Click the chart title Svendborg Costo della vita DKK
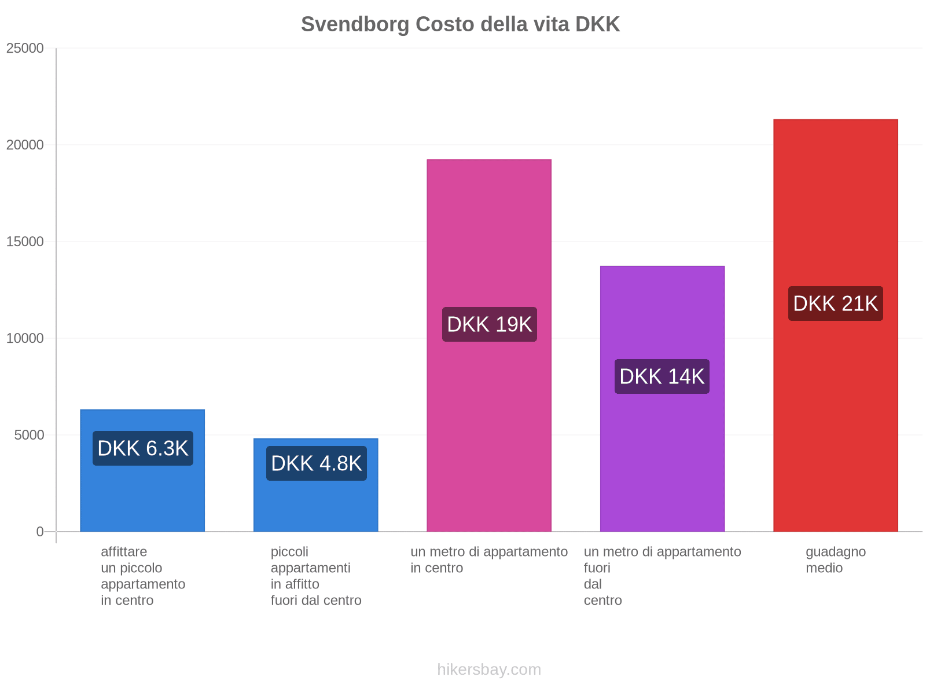tap(460, 24)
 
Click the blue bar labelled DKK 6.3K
tap(142, 498)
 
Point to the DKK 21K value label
tap(835, 303)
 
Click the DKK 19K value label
tap(489, 324)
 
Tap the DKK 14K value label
tap(662, 376)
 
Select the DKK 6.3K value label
tap(142, 448)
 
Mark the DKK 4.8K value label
tap(316, 463)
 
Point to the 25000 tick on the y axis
tap(25, 48)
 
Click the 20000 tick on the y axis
tap(25, 145)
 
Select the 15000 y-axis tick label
tap(25, 242)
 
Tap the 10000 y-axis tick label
tap(25, 338)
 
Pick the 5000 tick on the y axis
tap(29, 435)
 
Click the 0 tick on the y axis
tap(40, 532)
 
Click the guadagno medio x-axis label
tap(835, 559)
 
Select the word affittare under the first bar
tap(124, 551)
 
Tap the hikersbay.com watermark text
tap(489, 670)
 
